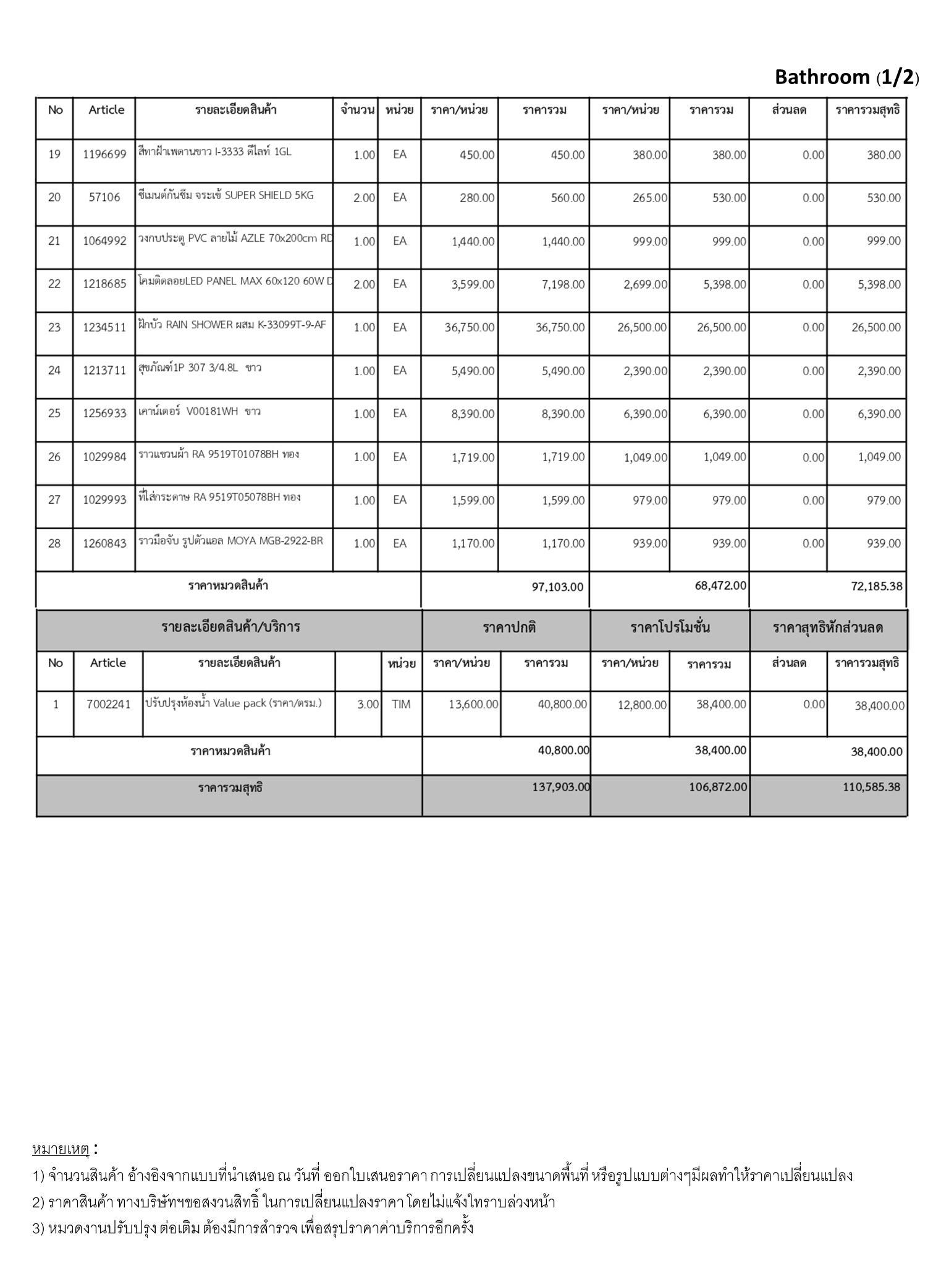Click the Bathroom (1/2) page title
tap(846, 77)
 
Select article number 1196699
tap(104, 155)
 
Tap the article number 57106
tap(104, 198)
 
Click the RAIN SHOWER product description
tap(232, 325)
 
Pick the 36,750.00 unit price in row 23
tap(470, 328)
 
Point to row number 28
tap(54, 543)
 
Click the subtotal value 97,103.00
tap(557, 587)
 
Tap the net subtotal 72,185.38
tap(877, 587)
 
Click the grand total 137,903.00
tap(561, 788)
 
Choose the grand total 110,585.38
tap(871, 788)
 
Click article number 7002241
tap(108, 705)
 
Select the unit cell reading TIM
tap(401, 705)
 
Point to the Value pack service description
tap(234, 703)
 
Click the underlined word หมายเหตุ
tap(61, 1149)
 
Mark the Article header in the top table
tap(106, 110)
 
